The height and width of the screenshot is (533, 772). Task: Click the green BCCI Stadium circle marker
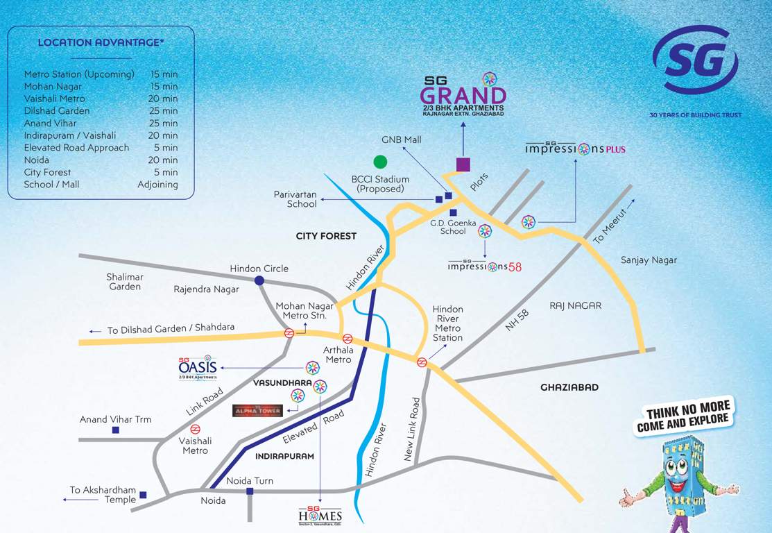coord(379,162)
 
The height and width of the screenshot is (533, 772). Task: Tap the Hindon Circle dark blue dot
coord(259,280)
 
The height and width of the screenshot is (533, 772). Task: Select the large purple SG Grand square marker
coord(463,164)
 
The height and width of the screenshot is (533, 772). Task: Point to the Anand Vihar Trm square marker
coord(115,430)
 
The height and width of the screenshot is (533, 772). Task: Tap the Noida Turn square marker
coord(250,491)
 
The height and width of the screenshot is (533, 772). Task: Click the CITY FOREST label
coord(326,236)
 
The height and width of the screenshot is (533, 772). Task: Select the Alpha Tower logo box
coord(257,411)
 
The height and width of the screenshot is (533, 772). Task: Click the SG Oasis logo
coord(198,368)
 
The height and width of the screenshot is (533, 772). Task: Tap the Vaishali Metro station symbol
coord(195,429)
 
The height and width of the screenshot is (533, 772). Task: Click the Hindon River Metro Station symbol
coord(421,362)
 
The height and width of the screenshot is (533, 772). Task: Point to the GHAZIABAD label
coord(569,387)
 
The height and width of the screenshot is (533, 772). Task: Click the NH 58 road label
coord(517,320)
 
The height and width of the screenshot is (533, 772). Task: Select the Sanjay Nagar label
coord(649,260)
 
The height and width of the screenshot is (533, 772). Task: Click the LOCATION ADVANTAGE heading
coord(101,42)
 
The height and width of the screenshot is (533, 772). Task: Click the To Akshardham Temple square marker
coord(143,495)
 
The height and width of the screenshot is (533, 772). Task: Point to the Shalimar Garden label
coord(125,282)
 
